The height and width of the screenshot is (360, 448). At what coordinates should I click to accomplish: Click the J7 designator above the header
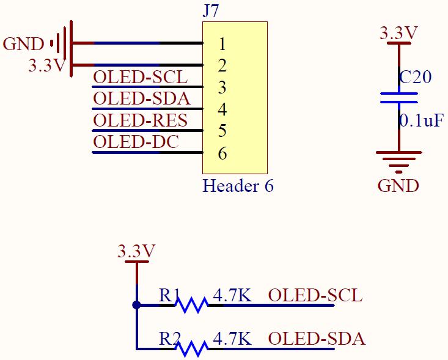tap(211, 11)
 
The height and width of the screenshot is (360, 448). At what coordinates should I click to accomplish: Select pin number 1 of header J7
tap(222, 44)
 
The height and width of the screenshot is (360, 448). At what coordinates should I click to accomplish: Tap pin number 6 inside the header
tap(222, 153)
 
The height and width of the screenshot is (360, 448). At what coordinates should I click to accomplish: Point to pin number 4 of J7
tap(222, 109)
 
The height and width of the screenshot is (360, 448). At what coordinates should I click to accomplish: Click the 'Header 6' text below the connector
tap(238, 186)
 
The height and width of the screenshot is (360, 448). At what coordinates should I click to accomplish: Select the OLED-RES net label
tap(140, 120)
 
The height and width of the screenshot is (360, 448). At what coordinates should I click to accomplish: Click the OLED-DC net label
tap(136, 142)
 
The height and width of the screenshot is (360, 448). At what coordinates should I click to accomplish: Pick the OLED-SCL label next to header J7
tap(140, 77)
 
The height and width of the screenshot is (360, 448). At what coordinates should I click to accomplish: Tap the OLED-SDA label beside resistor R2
tap(317, 338)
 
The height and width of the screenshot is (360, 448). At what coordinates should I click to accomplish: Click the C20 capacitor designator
tap(415, 77)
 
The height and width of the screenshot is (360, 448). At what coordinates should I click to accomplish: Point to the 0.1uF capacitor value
tap(421, 120)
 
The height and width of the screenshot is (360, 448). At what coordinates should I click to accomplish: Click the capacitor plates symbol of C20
tap(398, 98)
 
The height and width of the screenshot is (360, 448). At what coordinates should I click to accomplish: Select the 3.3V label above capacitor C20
tap(398, 33)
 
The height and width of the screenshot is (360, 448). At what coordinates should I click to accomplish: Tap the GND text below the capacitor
tap(398, 186)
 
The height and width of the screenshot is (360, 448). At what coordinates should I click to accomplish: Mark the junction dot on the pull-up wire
tap(136, 304)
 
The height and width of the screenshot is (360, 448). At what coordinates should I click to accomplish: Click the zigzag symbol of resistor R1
tap(191, 304)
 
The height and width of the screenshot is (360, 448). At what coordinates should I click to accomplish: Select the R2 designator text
tap(169, 338)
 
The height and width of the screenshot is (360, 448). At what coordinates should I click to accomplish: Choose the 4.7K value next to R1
tap(232, 295)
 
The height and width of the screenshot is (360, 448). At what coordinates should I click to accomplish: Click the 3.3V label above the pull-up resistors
tap(136, 251)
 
